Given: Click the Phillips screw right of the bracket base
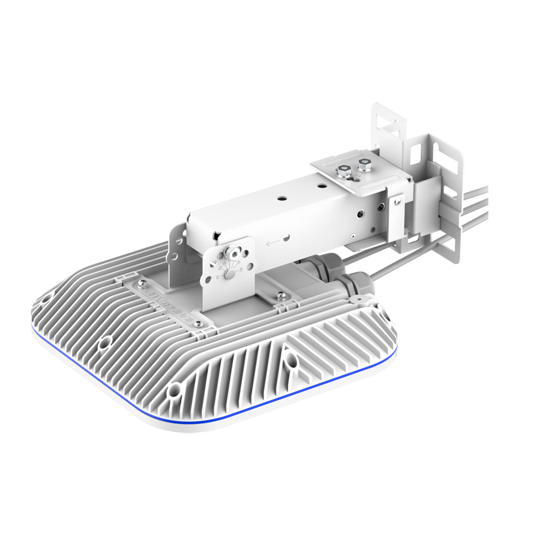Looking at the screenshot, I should tap(281, 296).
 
